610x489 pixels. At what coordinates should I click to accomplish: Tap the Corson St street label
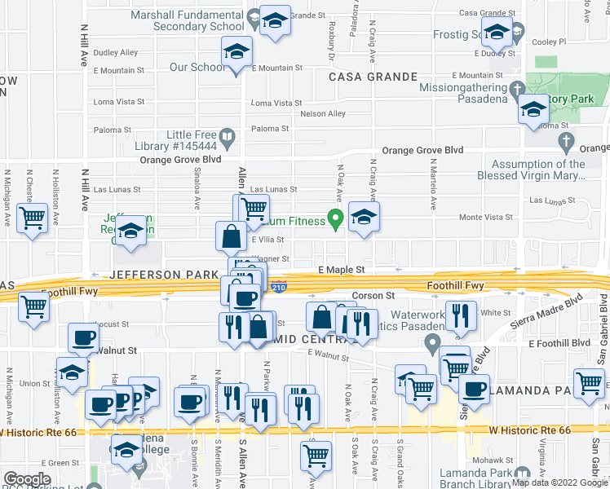click(x=373, y=296)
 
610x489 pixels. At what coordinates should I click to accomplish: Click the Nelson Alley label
click(x=323, y=114)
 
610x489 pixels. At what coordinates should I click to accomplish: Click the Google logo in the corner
click(x=27, y=479)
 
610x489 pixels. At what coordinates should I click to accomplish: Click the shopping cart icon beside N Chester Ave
click(x=32, y=218)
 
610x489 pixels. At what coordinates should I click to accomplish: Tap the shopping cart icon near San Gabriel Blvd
click(x=589, y=382)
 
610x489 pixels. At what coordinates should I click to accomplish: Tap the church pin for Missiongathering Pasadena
click(x=515, y=88)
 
